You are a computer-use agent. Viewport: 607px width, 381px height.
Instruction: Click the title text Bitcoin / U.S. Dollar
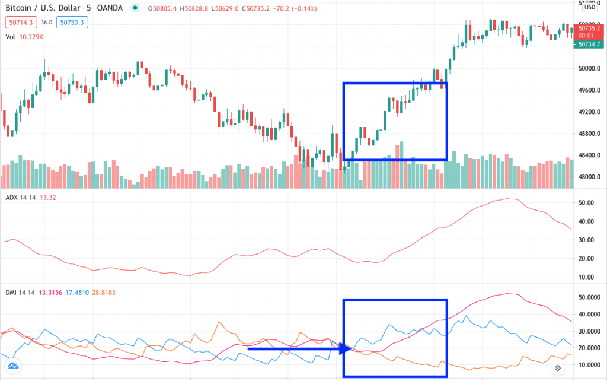(x=41, y=8)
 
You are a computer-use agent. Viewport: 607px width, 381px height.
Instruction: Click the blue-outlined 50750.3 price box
(x=72, y=22)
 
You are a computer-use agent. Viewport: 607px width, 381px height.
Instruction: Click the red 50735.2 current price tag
(x=590, y=28)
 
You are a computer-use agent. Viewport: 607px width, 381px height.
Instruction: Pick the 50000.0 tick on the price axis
(x=591, y=68)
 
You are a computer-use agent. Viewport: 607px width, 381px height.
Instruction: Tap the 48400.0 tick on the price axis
(x=591, y=155)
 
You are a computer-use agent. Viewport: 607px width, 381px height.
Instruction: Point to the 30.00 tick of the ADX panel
(x=586, y=240)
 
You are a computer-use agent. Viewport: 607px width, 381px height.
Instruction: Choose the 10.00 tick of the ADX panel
(x=586, y=277)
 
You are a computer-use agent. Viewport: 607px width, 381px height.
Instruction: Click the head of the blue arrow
(x=346, y=349)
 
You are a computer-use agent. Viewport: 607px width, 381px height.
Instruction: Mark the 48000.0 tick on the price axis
(x=591, y=177)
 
